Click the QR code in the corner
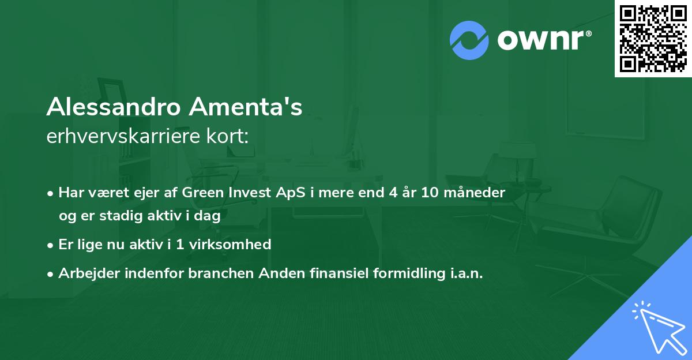(653, 39)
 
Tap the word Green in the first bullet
(201, 193)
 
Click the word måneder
(477, 193)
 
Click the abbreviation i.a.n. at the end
(464, 273)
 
